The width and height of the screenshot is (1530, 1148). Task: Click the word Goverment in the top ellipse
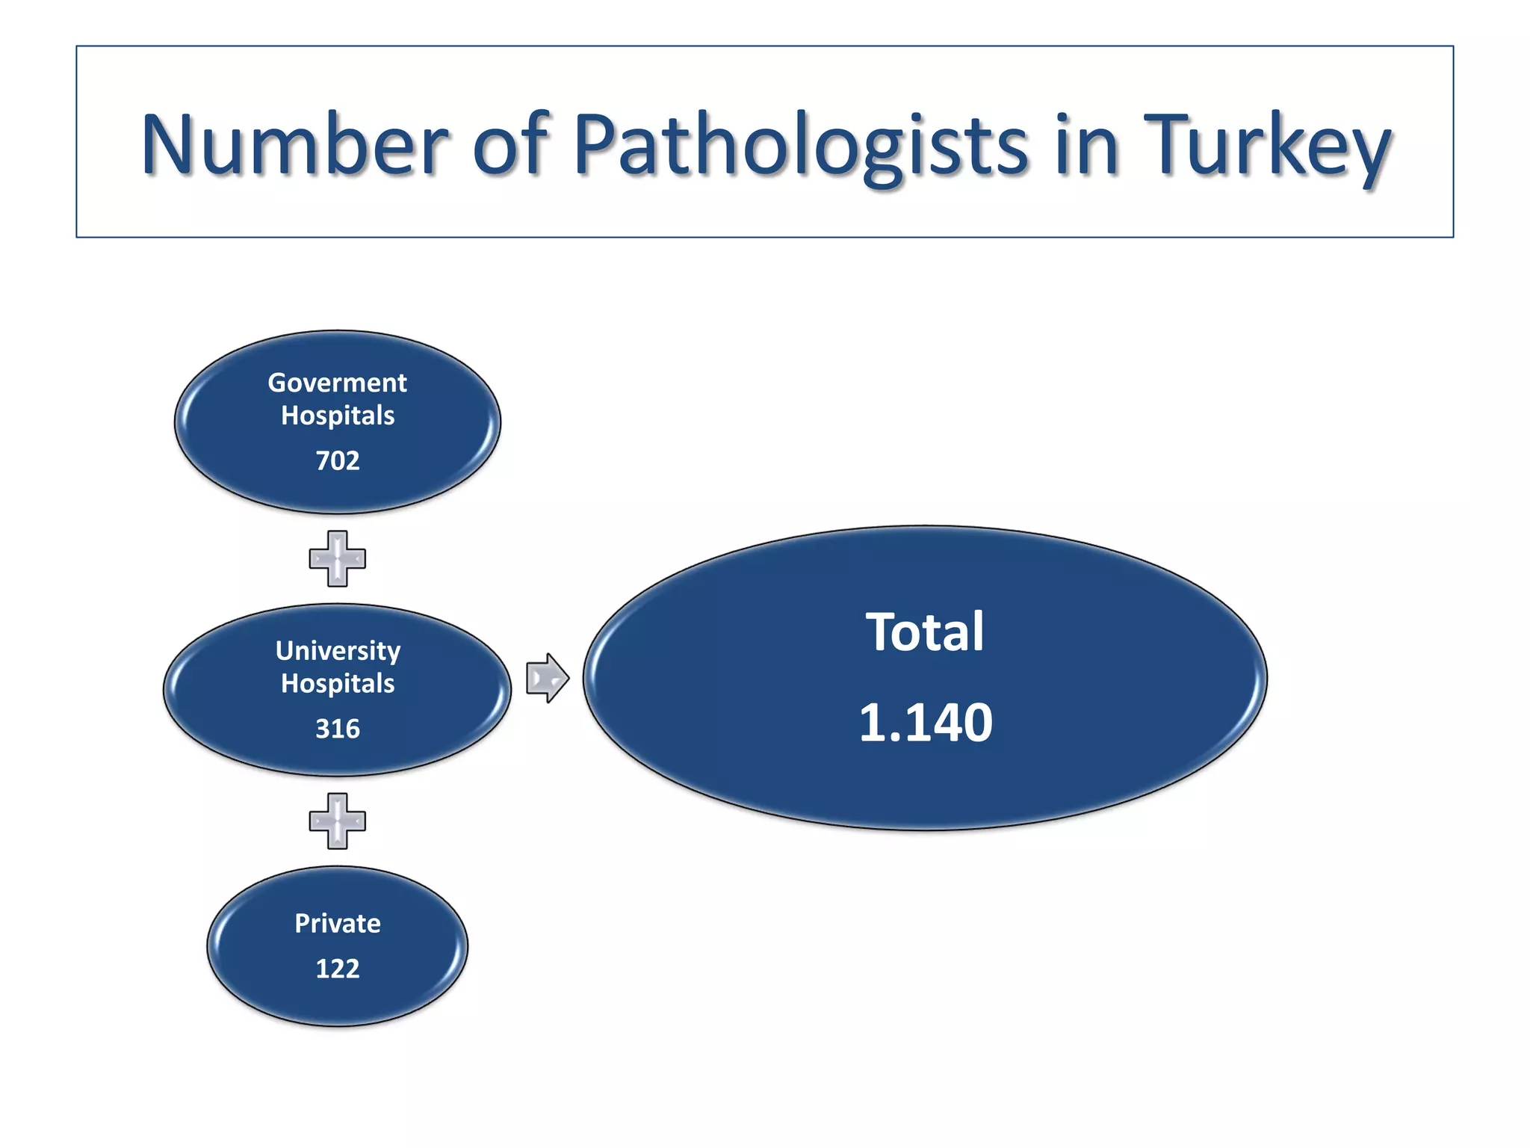(x=337, y=383)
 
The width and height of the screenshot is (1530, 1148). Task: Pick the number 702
(x=337, y=460)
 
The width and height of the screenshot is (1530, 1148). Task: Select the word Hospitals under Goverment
(x=337, y=416)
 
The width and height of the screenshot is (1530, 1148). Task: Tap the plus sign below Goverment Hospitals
(x=337, y=558)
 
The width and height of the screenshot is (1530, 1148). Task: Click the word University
(x=337, y=650)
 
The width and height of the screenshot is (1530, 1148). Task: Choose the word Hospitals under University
(x=337, y=683)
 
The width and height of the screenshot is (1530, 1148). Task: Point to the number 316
(x=337, y=728)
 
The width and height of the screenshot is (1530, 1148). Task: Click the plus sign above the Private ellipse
(x=337, y=821)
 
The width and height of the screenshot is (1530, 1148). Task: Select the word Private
(x=337, y=923)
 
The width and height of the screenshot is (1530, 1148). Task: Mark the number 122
(x=337, y=969)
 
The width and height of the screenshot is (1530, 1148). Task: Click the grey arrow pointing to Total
(x=547, y=678)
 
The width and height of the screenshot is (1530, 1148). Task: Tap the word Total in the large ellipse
(x=924, y=632)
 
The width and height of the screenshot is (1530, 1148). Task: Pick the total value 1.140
(x=925, y=723)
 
